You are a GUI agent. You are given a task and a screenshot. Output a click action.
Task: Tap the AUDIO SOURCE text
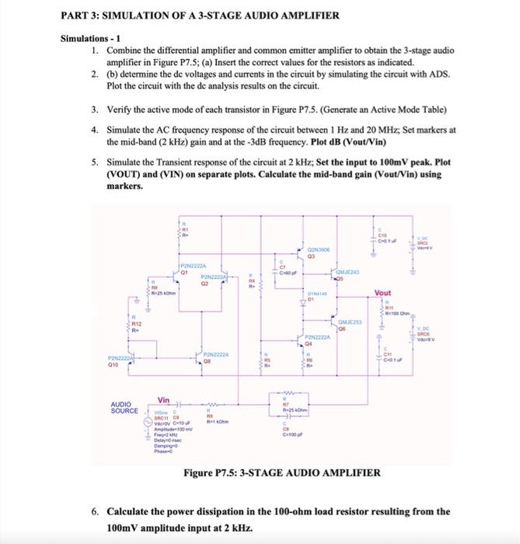(x=124, y=406)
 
